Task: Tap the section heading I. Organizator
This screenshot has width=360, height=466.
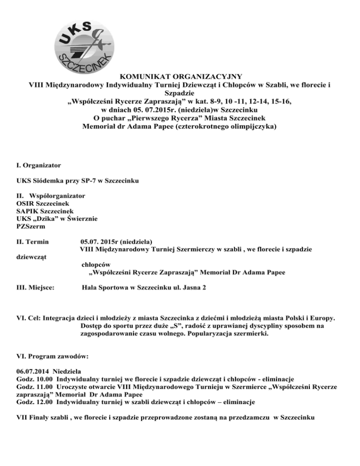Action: point(37,165)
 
